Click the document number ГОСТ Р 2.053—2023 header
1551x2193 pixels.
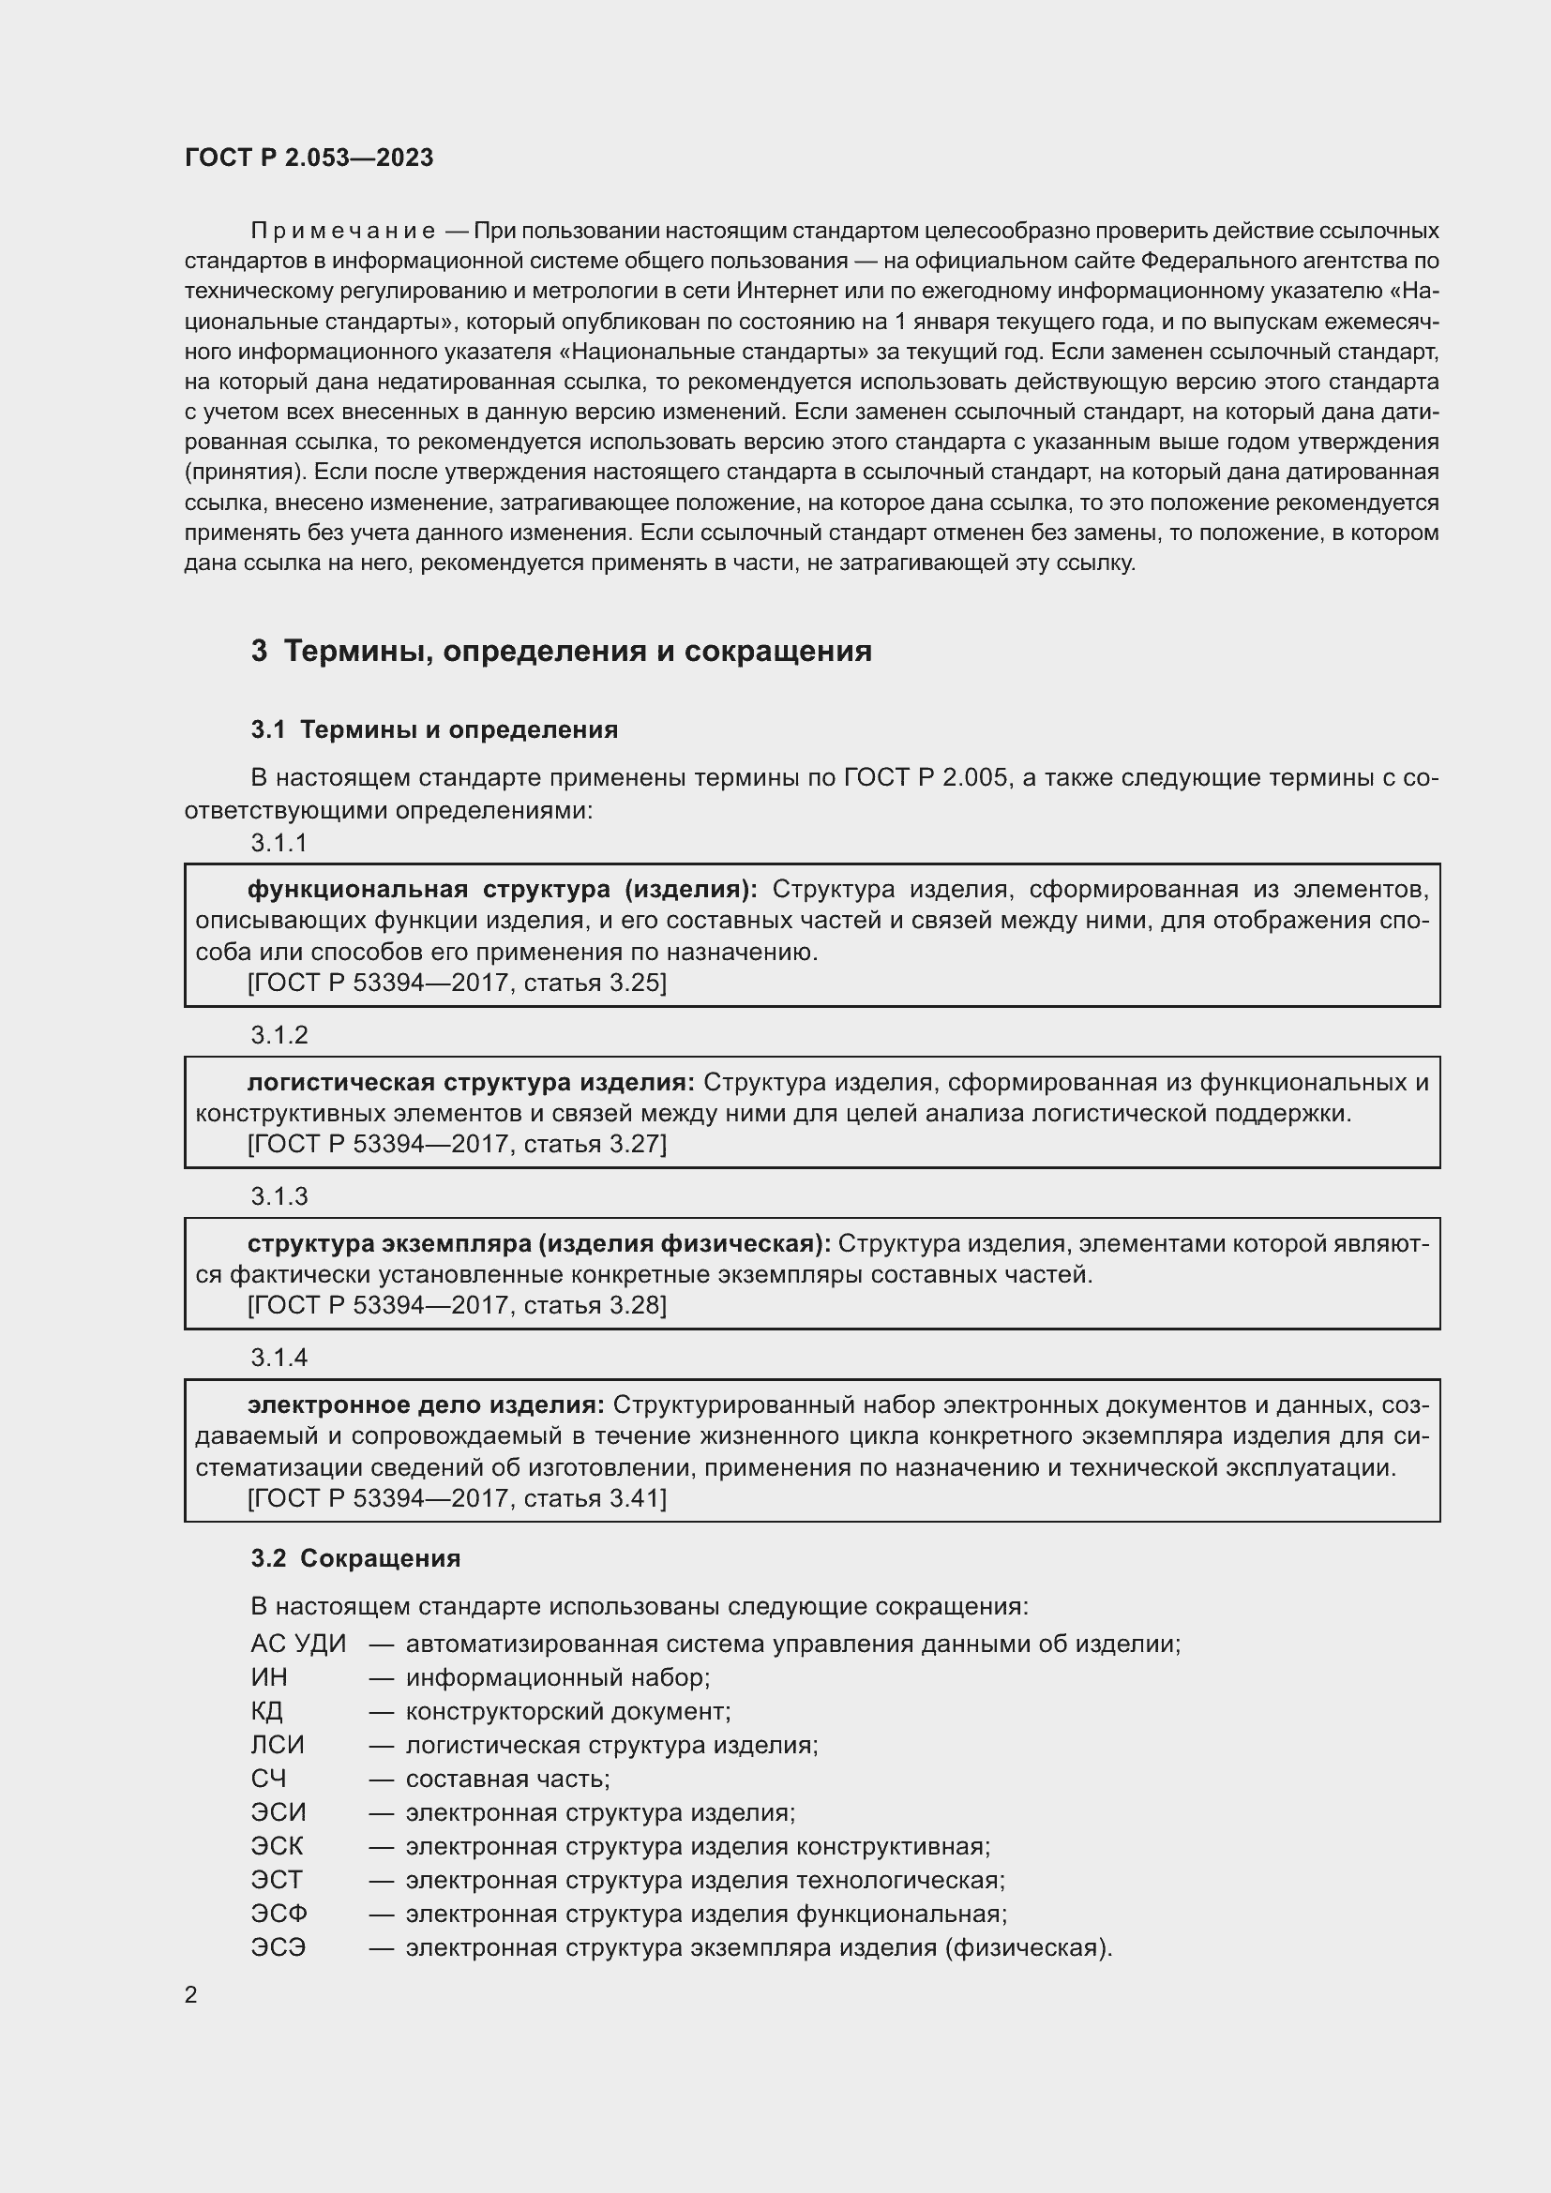coord(309,158)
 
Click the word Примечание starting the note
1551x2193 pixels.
coord(343,232)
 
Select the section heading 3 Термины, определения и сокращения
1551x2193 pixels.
coord(562,651)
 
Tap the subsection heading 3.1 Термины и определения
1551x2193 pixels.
coord(434,729)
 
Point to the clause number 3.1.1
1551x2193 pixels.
coord(279,843)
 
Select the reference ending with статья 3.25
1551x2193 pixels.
coord(457,983)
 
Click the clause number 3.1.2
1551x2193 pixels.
coord(279,1035)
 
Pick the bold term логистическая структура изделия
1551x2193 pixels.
coord(471,1082)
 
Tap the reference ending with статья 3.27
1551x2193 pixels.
coord(457,1143)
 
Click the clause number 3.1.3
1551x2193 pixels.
coord(279,1196)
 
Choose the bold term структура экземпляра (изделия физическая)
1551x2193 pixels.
coord(538,1243)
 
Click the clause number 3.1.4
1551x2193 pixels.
coord(279,1358)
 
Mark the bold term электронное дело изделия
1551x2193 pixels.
coord(426,1404)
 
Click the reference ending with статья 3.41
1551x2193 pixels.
coord(457,1497)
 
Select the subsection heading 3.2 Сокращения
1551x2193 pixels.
coord(355,1558)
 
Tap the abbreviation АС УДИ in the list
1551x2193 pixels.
coord(298,1644)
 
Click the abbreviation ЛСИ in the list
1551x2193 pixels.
coord(277,1745)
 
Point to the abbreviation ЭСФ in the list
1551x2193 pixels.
coord(279,1915)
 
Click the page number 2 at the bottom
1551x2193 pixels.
coord(191,1994)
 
